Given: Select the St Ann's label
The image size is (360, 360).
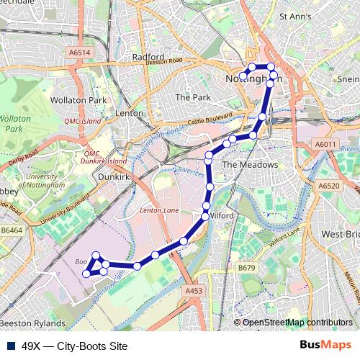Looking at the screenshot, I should (x=295, y=15).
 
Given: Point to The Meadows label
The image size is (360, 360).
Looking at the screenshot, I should (x=249, y=165).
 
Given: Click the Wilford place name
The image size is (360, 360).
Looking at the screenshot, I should (x=224, y=215).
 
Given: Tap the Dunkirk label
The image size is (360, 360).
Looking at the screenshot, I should (x=113, y=174).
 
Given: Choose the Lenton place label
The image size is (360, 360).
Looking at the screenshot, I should (x=130, y=113).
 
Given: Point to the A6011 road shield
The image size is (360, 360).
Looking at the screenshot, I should (x=325, y=145).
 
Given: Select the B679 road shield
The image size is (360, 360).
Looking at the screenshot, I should (x=247, y=268).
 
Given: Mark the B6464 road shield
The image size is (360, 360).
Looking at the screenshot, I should (x=12, y=230).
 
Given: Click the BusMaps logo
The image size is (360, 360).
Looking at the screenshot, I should (x=325, y=345).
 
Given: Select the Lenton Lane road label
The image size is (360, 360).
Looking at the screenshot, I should (x=160, y=210).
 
